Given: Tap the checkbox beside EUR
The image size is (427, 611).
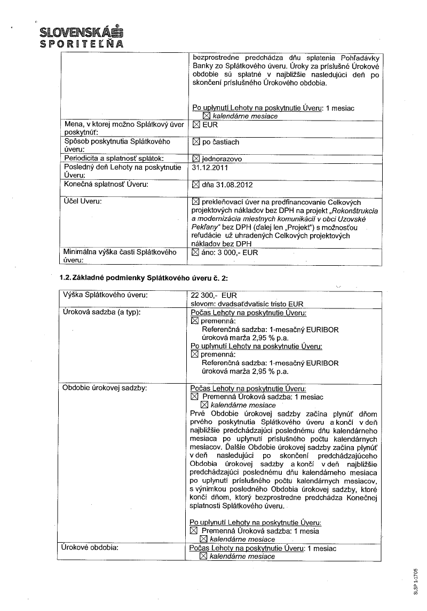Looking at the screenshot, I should pos(195,125).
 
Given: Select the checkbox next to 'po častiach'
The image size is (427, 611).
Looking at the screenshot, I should pos(195,142).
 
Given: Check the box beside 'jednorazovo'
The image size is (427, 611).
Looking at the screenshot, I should pos(195,159).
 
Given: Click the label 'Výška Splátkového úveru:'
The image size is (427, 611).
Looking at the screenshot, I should pos(105,295).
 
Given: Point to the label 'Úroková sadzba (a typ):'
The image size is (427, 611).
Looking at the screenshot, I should pos(101,312).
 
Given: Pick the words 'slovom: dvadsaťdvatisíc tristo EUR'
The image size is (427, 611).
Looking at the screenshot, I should pos(247,303).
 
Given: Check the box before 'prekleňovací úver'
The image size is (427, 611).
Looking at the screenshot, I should pos(195,202).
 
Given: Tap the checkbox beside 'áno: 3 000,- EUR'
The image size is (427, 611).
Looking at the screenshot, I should pos(195,252).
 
